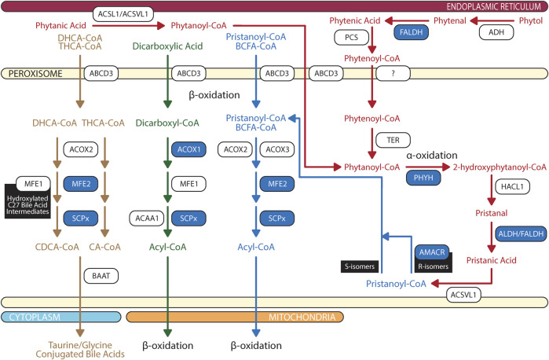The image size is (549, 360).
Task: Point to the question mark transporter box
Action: [393, 73]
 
